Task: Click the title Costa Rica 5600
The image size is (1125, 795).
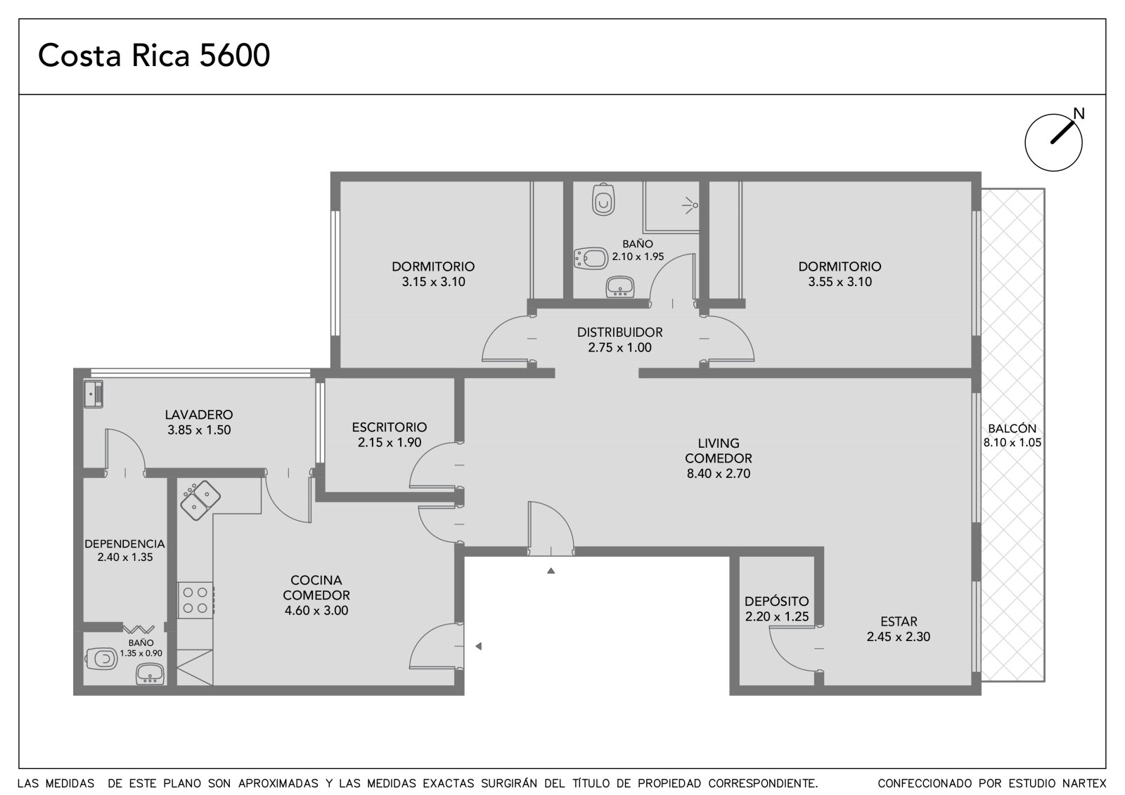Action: pyautogui.click(x=154, y=56)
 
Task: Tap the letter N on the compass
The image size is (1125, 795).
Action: pyautogui.click(x=1079, y=114)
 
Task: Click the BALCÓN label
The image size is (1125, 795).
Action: pyautogui.click(x=1012, y=428)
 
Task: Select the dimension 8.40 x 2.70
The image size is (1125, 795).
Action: pyautogui.click(x=718, y=474)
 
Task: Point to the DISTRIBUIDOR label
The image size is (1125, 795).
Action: pyautogui.click(x=619, y=332)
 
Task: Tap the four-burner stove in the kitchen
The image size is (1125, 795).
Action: pyautogui.click(x=195, y=600)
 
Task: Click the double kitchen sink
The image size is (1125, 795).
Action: pyautogui.click(x=200, y=500)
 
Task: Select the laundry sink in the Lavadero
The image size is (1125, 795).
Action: pyautogui.click(x=94, y=394)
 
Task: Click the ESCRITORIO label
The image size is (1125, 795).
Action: pyautogui.click(x=390, y=427)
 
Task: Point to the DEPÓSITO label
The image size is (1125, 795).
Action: pyautogui.click(x=776, y=601)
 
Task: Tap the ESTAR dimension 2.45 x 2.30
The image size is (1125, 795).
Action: pyautogui.click(x=899, y=636)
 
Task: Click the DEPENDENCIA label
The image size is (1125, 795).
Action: pyautogui.click(x=124, y=544)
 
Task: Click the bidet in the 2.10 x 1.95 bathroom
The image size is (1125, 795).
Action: pyautogui.click(x=591, y=258)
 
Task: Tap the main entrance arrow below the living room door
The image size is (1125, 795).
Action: pyautogui.click(x=551, y=571)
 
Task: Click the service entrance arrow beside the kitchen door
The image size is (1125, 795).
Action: pyautogui.click(x=479, y=647)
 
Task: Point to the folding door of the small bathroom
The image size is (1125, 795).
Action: pyautogui.click(x=139, y=629)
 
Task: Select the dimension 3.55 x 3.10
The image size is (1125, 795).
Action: pyautogui.click(x=840, y=282)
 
